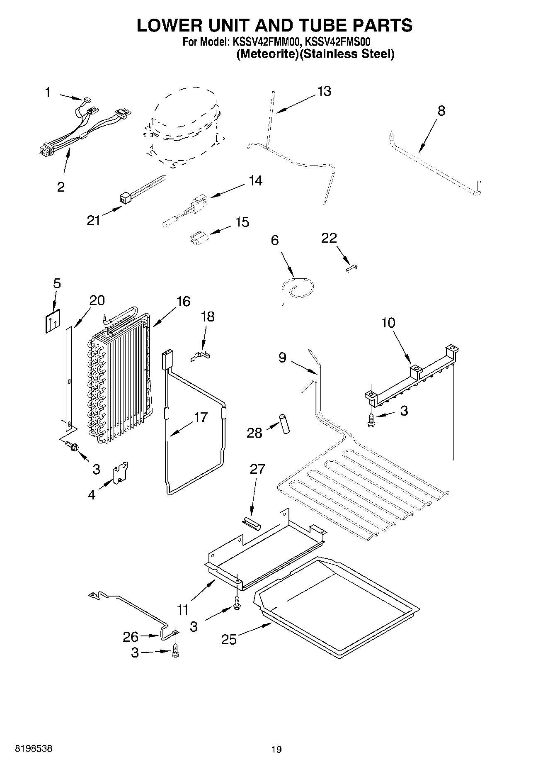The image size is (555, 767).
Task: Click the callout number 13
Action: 324,91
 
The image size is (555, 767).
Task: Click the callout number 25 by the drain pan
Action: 229,639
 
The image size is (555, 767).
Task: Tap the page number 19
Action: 276,749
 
